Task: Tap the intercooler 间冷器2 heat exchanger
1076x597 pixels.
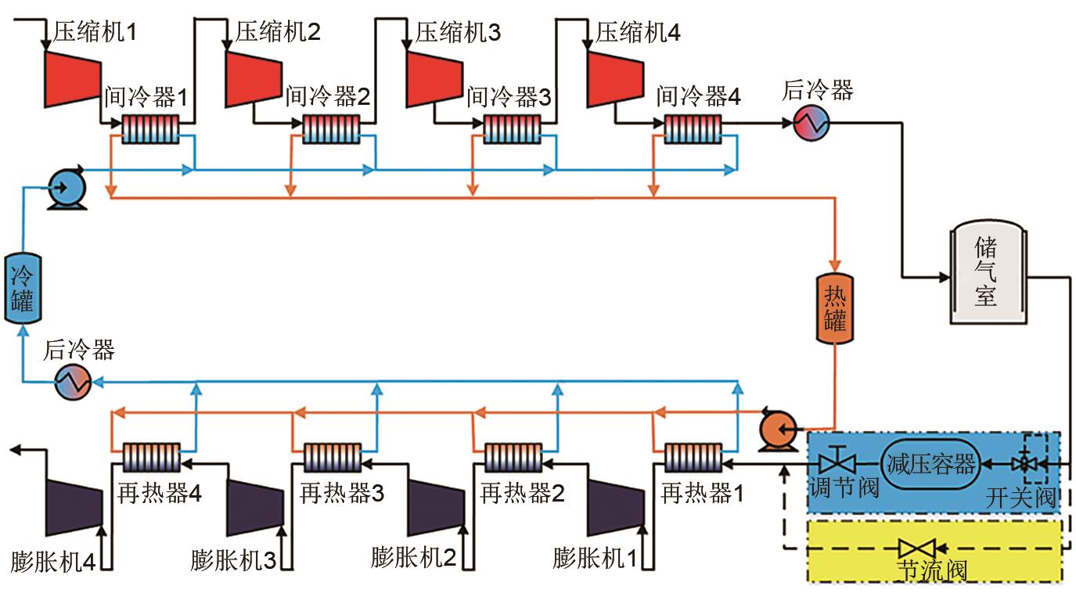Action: click(331, 127)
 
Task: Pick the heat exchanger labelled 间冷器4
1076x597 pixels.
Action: click(693, 127)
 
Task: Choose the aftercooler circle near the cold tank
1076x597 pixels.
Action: click(73, 382)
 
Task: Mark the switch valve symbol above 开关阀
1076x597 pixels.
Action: click(1021, 464)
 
